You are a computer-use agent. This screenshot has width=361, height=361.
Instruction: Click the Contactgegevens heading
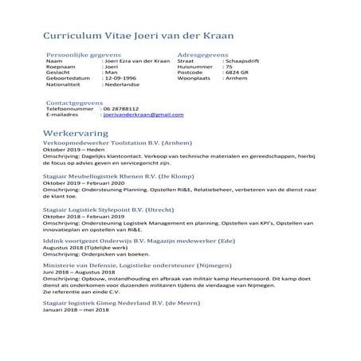coord(75,102)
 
